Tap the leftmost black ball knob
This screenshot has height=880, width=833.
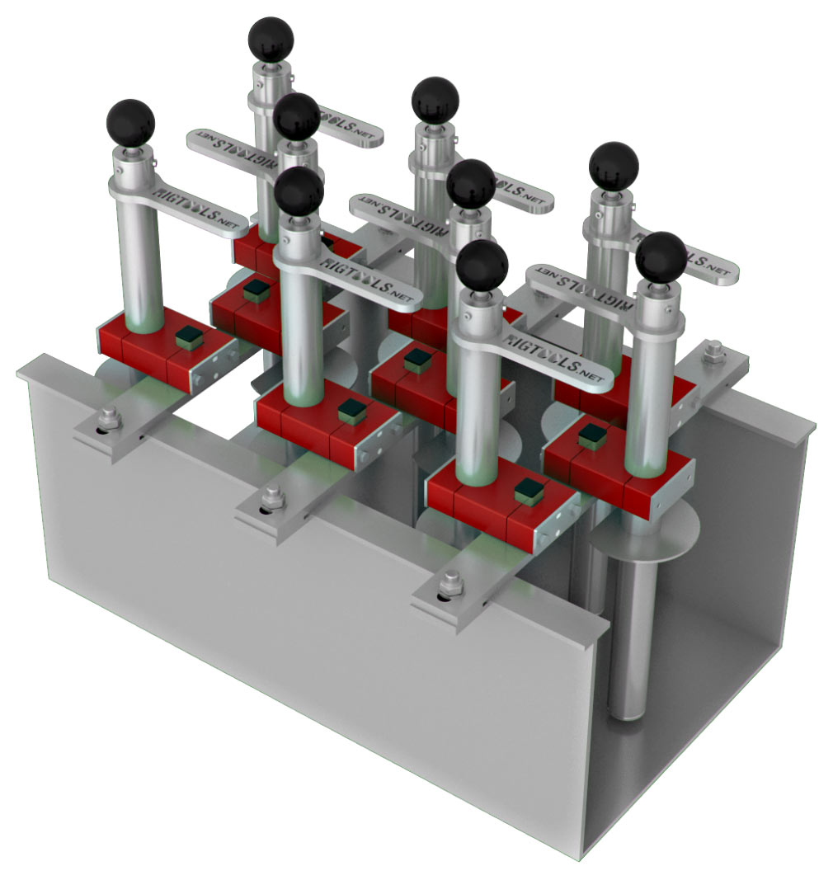tap(130, 123)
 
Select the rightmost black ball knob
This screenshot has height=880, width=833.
tap(661, 256)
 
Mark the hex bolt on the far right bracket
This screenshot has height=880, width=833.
tap(714, 351)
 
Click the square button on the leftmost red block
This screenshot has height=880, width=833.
tap(189, 336)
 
